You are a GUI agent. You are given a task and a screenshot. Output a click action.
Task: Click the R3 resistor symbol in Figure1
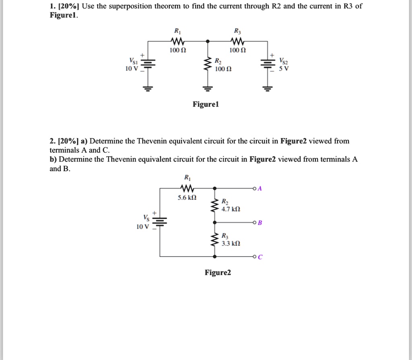pos(236,41)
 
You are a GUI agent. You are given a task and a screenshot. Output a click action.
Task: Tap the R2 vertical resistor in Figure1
pos(208,64)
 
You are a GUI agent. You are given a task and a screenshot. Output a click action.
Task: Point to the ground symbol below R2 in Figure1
pos(208,88)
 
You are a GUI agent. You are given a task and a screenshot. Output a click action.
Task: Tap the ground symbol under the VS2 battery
pos(267,88)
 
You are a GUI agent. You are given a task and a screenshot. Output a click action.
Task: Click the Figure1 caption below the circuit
pos(206,104)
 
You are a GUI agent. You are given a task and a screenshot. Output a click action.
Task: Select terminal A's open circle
pos(254,188)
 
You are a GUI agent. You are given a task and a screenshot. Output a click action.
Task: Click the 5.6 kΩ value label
pos(187,198)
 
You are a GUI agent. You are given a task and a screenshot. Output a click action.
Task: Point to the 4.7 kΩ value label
pos(231,209)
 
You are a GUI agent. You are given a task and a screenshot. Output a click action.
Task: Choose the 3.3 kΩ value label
pos(231,244)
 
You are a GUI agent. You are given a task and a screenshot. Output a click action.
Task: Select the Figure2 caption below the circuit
pos(218,273)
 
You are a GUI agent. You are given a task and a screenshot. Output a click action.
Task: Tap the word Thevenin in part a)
pos(150,141)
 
